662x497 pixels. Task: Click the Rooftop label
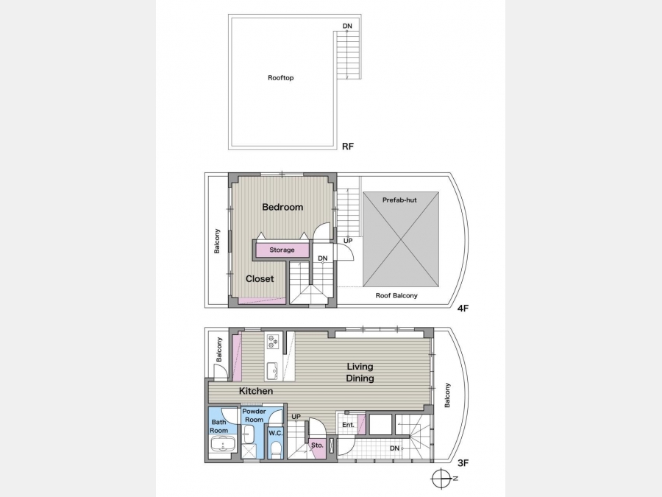click(281, 78)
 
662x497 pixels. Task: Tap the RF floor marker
click(348, 147)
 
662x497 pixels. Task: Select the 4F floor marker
click(463, 308)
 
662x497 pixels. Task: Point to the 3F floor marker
click(463, 463)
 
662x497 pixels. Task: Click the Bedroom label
click(282, 207)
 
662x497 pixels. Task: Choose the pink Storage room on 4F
click(282, 250)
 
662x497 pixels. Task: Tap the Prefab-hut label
click(399, 200)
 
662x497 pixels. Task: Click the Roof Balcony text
click(396, 295)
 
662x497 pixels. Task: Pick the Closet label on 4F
click(260, 279)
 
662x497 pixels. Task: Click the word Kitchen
click(256, 391)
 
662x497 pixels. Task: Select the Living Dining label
click(360, 373)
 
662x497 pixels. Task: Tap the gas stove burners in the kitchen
click(272, 341)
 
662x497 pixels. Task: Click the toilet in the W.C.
click(276, 449)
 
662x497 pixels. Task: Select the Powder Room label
click(254, 415)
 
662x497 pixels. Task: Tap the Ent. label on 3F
click(349, 425)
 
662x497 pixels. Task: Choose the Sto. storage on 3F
click(318, 445)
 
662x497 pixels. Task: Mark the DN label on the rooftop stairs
click(347, 27)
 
